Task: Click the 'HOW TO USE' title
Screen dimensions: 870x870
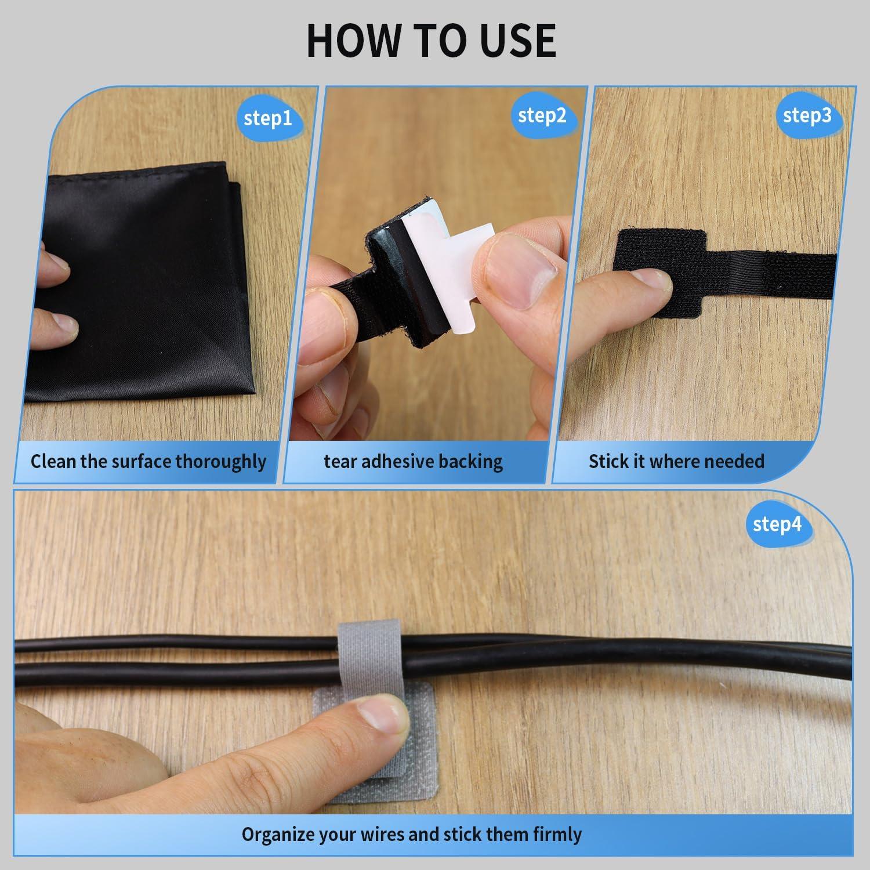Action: click(x=431, y=40)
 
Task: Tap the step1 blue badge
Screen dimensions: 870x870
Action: click(x=267, y=118)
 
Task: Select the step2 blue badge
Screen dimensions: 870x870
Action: click(x=542, y=115)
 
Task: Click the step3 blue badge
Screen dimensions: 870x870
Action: click(x=807, y=115)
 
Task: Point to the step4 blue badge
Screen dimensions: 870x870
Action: click(x=777, y=524)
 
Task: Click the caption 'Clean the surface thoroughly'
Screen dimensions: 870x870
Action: click(x=148, y=462)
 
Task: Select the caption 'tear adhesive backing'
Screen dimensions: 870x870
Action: click(x=413, y=462)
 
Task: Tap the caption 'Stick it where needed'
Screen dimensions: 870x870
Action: click(x=676, y=462)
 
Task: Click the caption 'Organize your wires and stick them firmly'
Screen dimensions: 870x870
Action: click(x=411, y=835)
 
